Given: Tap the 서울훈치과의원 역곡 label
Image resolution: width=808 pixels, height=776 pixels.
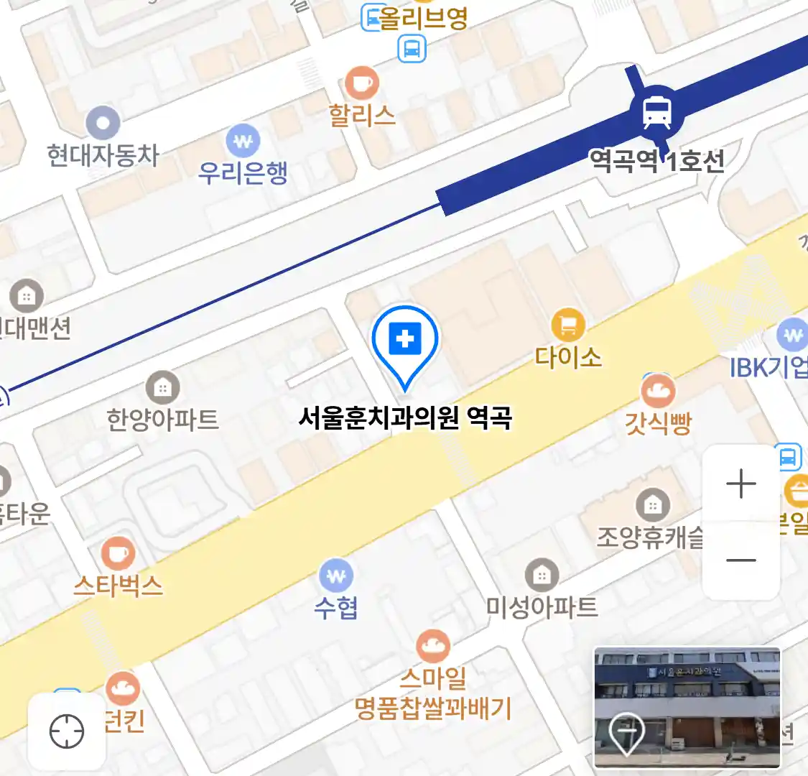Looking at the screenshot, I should point(405,417).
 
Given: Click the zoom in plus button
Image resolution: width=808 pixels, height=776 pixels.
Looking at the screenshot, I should point(741,484).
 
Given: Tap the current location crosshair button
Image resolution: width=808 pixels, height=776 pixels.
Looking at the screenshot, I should point(67,732).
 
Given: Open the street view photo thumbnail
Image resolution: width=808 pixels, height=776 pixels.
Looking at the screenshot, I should point(687,707).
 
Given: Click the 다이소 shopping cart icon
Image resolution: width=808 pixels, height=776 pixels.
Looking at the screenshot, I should point(568,325).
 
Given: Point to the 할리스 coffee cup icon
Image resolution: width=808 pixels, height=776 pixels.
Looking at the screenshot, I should point(362,83).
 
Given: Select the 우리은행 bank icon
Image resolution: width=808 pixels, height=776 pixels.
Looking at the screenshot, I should point(243,142).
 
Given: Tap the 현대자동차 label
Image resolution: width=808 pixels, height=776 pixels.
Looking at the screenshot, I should point(103,155).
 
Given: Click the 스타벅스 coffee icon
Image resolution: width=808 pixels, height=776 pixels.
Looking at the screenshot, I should point(118,555).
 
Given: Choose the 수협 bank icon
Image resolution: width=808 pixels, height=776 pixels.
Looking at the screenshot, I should point(336,576).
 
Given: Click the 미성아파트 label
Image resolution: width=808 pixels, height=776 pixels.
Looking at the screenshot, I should point(542,608).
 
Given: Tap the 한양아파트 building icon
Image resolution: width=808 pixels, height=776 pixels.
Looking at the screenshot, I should point(163,388).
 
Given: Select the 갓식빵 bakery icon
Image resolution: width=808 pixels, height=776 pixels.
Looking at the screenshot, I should point(658,392).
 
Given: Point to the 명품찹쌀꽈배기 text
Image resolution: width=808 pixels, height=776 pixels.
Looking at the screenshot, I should point(433,709).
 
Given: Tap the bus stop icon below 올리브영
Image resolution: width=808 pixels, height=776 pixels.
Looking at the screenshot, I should point(412,49).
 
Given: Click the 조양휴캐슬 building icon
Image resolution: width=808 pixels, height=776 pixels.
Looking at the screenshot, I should point(652,505).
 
